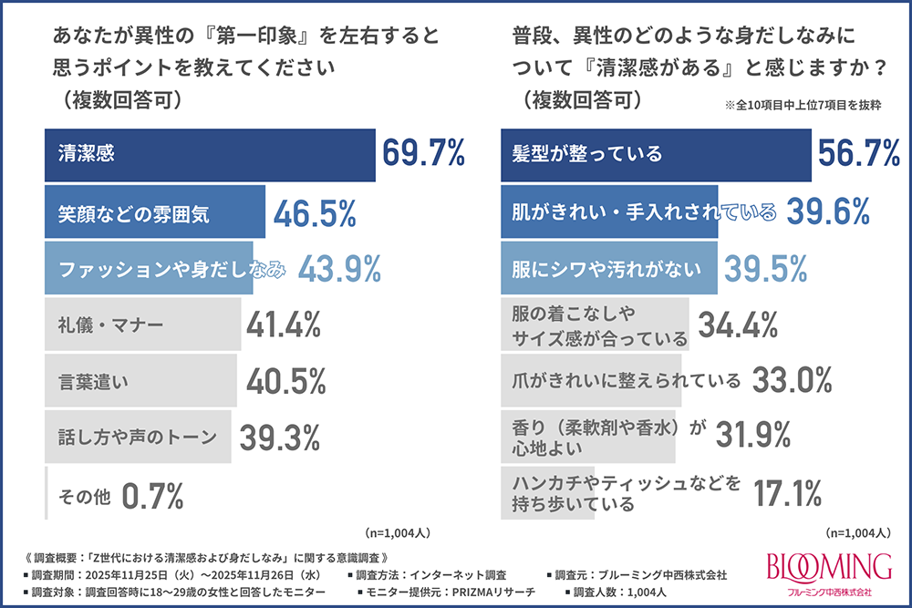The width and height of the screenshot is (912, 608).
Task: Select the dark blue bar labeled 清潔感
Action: click(210, 155)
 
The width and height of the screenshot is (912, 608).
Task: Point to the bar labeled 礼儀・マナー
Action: click(143, 324)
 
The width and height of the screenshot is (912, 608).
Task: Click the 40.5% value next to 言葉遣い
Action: click(286, 380)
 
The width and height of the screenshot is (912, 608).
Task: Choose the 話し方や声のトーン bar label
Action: click(137, 437)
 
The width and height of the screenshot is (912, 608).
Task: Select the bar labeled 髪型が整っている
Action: click(656, 155)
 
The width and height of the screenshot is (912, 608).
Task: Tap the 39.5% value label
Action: click(766, 268)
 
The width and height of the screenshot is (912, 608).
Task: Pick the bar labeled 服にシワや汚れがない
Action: click(609, 268)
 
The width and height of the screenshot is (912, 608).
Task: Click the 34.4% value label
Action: click(737, 324)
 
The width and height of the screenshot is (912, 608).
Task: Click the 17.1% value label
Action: click(789, 493)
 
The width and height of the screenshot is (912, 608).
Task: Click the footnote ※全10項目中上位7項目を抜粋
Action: click(807, 106)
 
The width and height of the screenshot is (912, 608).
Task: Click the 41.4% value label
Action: click(283, 324)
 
